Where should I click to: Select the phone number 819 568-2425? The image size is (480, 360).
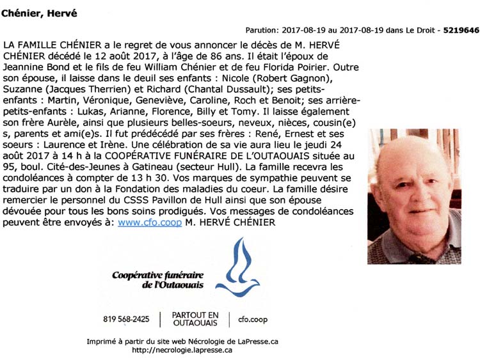pyautogui.click(x=126, y=318)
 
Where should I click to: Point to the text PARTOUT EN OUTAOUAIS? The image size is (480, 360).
pyautogui.click(x=195, y=318)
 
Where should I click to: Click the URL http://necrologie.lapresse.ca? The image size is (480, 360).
pyautogui.click(x=182, y=350)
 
